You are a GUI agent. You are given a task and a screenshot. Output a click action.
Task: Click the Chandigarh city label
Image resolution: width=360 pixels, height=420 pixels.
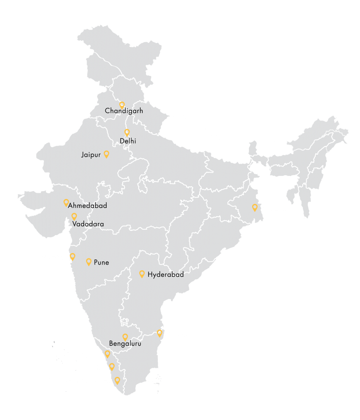(124, 111)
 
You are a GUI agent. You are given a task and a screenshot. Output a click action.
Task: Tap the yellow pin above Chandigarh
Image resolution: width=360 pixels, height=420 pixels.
(122, 105)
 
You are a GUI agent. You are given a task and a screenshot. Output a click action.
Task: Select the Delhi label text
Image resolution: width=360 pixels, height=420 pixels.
(128, 141)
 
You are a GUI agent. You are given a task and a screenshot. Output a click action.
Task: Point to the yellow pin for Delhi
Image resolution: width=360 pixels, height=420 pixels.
(127, 132)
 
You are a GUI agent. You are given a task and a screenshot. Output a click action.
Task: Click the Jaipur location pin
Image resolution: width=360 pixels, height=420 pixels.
(106, 154)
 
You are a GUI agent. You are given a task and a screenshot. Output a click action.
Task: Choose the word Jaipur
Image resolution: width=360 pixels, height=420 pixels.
(91, 155)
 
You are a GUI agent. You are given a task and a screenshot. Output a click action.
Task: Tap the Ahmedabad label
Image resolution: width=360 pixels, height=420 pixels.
(88, 205)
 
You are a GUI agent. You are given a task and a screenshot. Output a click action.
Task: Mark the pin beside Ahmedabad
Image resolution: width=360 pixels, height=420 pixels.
(66, 202)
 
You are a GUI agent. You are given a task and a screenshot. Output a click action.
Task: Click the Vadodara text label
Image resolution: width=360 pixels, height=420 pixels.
(88, 224)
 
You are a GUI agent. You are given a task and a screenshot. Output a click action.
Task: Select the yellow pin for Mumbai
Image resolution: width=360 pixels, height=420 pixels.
(73, 257)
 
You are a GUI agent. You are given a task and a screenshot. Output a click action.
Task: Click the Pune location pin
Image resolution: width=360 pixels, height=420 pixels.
(89, 262)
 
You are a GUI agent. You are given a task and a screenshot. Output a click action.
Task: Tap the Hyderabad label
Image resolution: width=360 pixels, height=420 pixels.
(166, 274)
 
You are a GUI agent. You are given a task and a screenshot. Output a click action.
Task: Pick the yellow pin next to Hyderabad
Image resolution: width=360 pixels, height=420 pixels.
(142, 274)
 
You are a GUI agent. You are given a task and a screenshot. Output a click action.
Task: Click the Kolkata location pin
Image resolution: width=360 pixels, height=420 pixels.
(255, 208)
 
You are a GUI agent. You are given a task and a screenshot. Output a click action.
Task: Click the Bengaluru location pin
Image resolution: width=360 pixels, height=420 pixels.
(125, 337)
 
